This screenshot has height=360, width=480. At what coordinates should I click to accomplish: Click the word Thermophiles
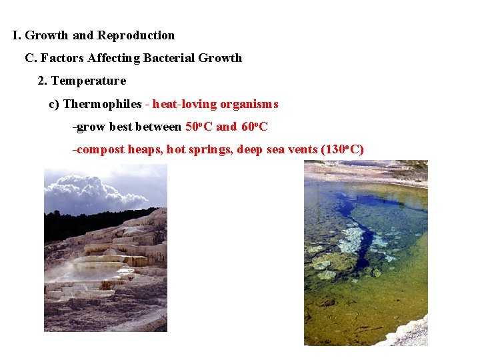[102, 104]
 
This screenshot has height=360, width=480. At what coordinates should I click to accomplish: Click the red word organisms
[249, 104]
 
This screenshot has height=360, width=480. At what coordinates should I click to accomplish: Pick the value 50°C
[198, 127]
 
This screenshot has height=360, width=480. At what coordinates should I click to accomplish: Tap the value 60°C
[254, 127]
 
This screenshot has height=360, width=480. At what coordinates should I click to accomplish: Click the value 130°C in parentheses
[342, 149]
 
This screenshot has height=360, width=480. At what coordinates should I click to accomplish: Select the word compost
[100, 149]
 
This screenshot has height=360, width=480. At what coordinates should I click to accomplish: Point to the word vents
[302, 149]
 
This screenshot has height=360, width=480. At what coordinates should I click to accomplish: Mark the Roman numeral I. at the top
[16, 35]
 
